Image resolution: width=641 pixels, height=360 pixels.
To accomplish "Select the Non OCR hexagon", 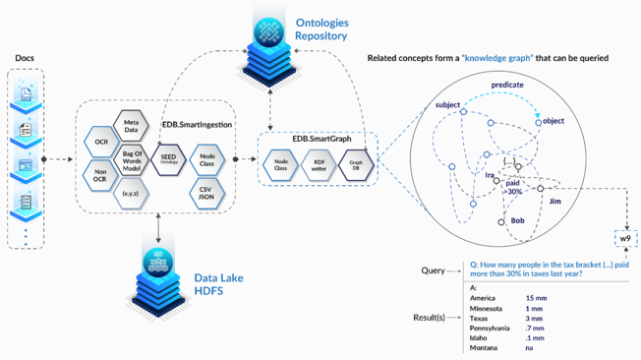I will point(101,177).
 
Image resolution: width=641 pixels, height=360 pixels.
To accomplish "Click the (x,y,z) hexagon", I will point(130,194).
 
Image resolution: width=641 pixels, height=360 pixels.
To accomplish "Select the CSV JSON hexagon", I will point(206,192).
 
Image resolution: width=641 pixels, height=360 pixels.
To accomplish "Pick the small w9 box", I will point(626,239).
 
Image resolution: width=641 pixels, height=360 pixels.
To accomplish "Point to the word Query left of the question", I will point(434,270).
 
